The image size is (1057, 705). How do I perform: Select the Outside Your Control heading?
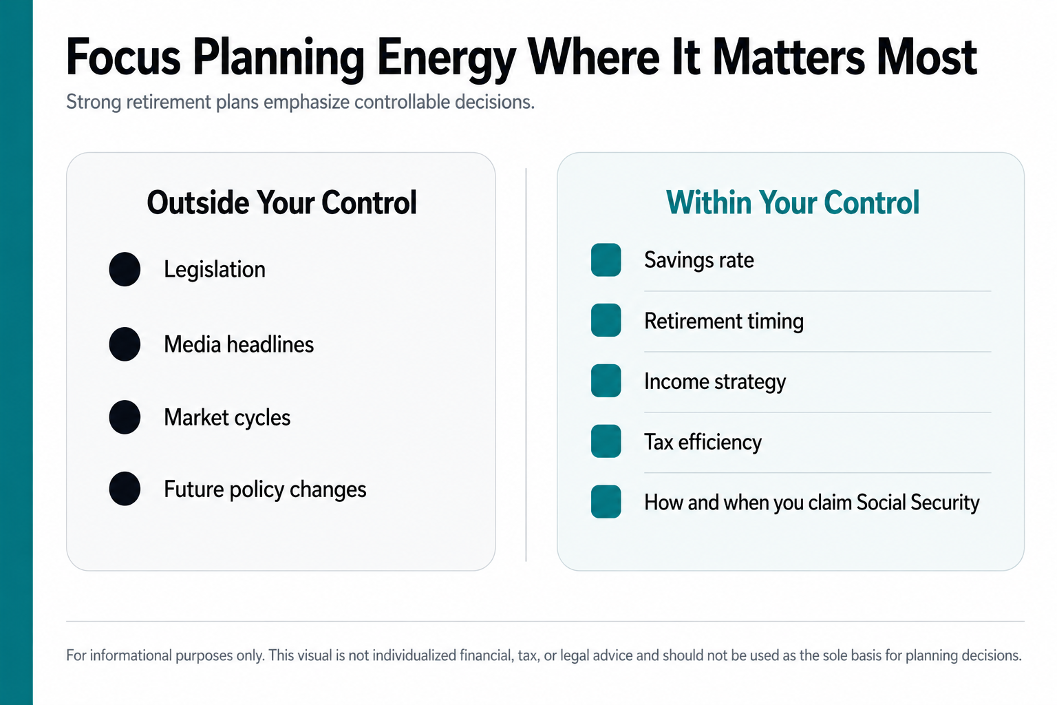[281, 202]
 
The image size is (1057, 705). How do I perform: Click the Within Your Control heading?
[793, 202]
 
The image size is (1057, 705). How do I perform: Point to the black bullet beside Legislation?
[125, 269]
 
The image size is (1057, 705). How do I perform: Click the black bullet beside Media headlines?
[125, 344]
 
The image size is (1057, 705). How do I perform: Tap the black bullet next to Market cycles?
[125, 417]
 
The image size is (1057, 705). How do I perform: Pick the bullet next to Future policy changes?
[125, 489]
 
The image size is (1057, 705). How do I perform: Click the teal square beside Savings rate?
[606, 260]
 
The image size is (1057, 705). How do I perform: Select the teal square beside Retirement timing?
[606, 320]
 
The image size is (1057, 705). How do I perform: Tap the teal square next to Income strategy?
[606, 381]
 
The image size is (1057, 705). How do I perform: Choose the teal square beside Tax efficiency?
[606, 441]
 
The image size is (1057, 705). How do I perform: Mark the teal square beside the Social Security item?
[606, 501]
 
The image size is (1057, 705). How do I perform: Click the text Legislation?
[215, 270]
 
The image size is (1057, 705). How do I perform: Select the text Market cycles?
[227, 418]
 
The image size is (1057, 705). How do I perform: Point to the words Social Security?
[918, 503]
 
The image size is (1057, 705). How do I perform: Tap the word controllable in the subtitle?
[403, 102]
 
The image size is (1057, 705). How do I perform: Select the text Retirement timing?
[724, 322]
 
